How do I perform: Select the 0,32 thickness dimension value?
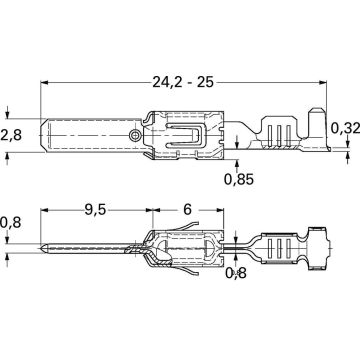coord(344,127)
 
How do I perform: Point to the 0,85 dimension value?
coord(238,181)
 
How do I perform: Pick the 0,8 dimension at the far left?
coord(11,224)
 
